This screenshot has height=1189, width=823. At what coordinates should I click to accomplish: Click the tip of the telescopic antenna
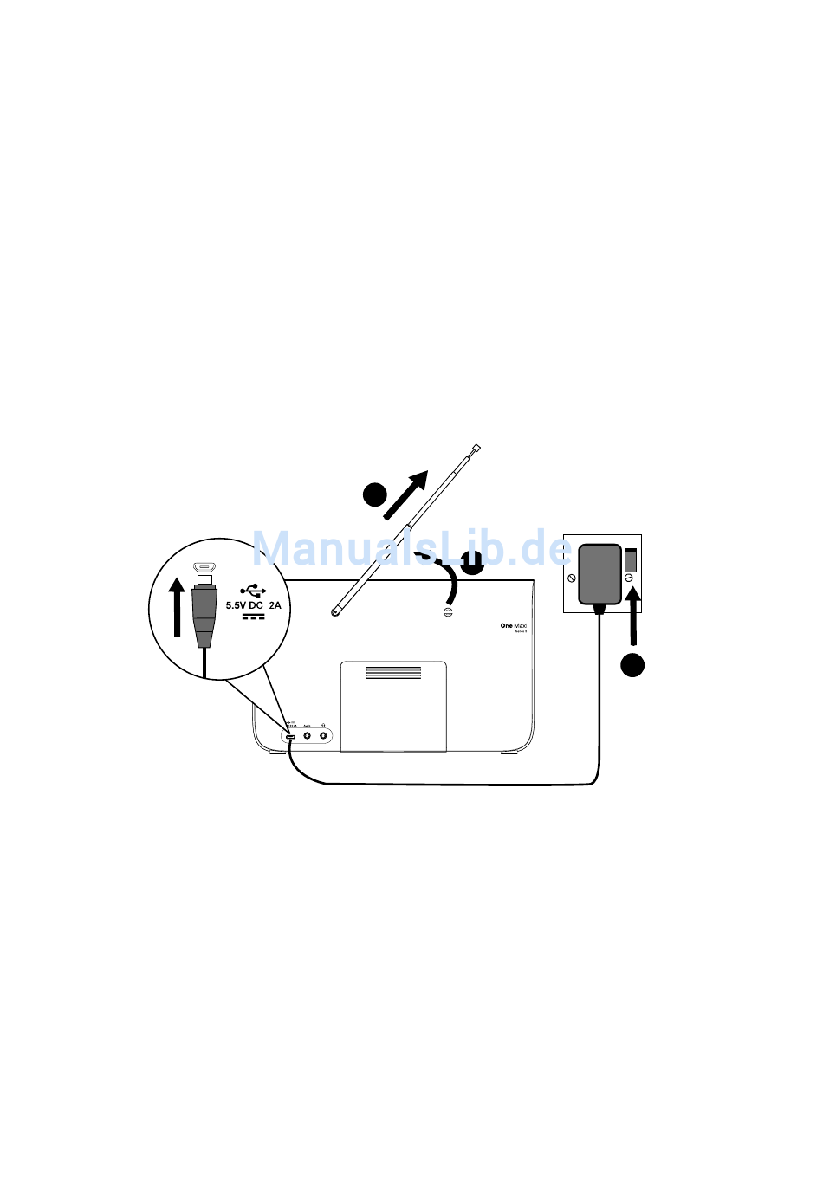point(476,449)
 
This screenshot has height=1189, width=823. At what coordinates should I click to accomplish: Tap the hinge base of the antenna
point(335,612)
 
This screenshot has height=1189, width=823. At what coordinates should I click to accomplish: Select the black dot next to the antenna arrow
point(374,494)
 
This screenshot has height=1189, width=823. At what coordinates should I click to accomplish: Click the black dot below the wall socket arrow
point(632,665)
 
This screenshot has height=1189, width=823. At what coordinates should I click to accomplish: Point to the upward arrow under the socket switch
point(634,617)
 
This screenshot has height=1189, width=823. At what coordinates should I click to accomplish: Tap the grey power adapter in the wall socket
point(599,573)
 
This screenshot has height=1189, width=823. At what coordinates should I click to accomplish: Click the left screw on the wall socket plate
point(572,578)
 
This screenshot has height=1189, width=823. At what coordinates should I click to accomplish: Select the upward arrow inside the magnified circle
point(177,607)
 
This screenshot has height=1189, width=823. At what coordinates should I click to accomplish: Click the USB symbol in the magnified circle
point(253,589)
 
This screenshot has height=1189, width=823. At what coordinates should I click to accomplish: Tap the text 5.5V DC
point(244,605)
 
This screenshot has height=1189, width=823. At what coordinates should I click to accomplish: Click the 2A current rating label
point(275,605)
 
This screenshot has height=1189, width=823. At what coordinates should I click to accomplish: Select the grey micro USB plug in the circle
point(204,613)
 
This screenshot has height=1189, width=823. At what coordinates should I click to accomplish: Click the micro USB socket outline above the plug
point(204,567)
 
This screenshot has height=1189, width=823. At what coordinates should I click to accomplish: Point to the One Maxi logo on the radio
point(513,625)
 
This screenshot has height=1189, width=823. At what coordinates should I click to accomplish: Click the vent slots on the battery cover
point(393,672)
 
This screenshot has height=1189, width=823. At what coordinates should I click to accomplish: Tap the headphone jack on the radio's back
point(323,736)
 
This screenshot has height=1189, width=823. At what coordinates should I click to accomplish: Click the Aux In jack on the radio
point(307,736)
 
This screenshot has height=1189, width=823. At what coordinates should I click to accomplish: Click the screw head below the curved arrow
point(448,612)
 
